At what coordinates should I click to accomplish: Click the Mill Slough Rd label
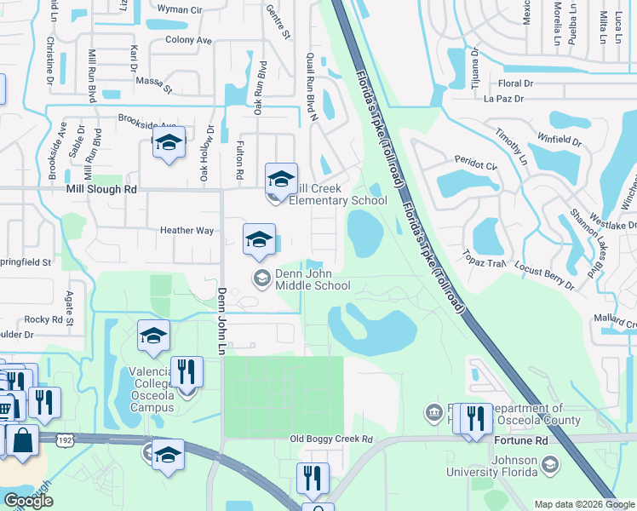point(101,191)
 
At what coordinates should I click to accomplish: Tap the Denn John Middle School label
point(312,280)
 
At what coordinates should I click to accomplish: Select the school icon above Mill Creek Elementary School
point(281,181)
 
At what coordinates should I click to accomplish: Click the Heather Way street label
point(187,231)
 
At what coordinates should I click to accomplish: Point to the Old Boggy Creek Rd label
point(331,439)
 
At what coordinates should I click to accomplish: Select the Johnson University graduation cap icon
point(550,465)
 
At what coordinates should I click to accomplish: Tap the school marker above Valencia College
point(153,338)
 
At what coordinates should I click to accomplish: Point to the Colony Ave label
point(188,40)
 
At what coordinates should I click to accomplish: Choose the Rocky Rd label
point(43,320)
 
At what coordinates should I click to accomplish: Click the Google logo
point(28,501)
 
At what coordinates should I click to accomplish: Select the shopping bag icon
point(22,440)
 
